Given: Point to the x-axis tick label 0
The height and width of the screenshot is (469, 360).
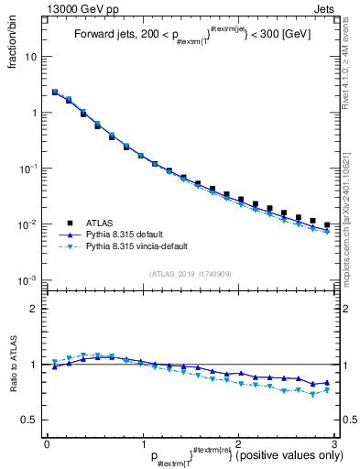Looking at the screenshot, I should coord(47,443).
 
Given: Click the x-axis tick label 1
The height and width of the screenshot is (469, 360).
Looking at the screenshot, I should coord(143,443).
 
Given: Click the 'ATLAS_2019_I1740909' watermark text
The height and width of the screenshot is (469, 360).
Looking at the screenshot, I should coord(191,273).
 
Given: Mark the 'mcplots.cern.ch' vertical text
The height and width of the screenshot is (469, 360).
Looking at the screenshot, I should coord(353,211).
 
